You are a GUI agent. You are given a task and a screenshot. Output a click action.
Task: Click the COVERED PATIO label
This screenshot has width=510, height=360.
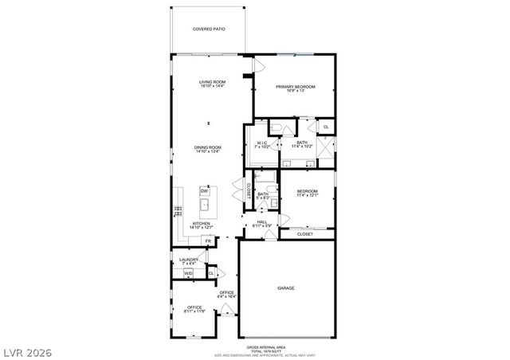[x=209, y=29]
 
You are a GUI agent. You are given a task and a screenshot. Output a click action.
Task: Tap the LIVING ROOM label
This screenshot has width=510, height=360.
[x=213, y=84]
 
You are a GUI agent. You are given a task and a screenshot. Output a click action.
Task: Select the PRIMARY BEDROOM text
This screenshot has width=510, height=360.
[x=296, y=88]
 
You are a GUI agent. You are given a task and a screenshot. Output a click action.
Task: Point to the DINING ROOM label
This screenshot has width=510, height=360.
[x=208, y=149]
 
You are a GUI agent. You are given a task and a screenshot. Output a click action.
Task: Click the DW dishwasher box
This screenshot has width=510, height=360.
[x=205, y=191]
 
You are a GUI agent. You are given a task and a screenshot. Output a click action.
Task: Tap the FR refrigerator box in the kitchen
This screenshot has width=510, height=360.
[x=207, y=241]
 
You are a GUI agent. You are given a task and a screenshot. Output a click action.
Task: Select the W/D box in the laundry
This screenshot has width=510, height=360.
[x=189, y=273]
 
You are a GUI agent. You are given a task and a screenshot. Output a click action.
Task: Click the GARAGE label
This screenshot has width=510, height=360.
[x=286, y=288]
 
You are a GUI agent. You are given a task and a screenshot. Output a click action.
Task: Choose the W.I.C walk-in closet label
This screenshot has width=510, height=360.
[x=261, y=145]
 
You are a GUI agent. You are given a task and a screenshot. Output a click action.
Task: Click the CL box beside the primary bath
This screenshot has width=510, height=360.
[x=325, y=127]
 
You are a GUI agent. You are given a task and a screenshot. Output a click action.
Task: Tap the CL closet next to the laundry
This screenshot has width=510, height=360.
[x=211, y=273]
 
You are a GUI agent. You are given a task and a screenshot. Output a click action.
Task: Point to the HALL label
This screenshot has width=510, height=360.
[x=262, y=224]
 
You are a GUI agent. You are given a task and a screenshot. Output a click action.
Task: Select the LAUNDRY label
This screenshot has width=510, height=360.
[x=188, y=260]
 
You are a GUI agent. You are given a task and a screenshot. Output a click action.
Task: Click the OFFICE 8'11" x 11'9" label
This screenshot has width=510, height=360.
[x=195, y=309]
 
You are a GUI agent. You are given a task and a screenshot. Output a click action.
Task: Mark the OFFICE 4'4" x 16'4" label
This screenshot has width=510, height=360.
[x=228, y=294]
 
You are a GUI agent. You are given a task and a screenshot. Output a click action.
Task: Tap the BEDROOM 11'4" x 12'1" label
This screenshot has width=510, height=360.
[x=308, y=194]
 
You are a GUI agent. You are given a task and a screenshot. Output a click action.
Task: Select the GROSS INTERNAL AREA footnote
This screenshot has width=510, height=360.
[x=262, y=349]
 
